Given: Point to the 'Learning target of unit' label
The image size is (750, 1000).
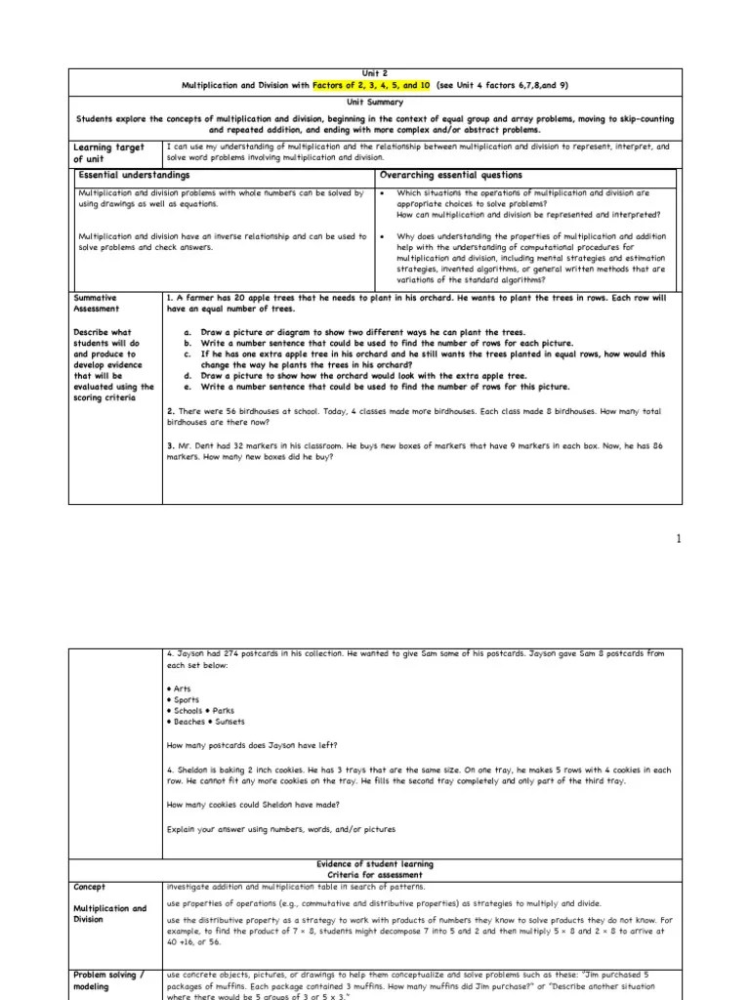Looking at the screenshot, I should click(x=108, y=153).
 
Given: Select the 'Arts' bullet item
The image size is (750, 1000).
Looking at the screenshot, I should click(x=180, y=688).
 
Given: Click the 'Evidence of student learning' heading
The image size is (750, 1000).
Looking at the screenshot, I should click(x=375, y=864).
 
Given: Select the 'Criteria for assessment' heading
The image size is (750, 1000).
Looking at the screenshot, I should click(x=375, y=875).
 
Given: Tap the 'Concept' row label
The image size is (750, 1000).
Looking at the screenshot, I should click(x=90, y=887).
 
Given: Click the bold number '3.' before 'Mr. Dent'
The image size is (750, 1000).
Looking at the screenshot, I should click(x=171, y=446).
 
